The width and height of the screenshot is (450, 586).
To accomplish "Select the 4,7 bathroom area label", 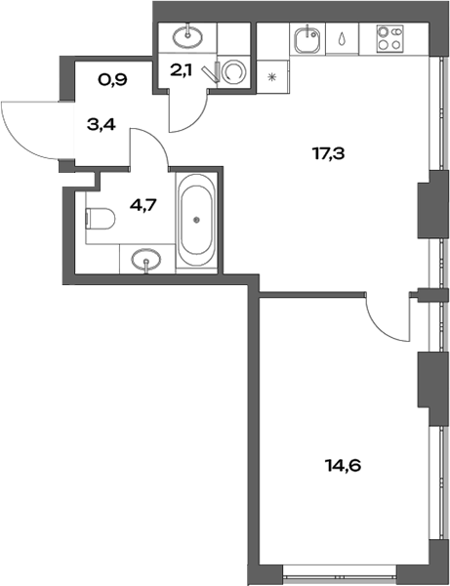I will (x=143, y=206).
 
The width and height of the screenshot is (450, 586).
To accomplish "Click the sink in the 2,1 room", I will (x=186, y=37).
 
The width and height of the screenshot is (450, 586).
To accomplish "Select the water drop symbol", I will (x=344, y=42).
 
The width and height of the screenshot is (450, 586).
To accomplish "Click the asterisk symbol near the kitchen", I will (x=273, y=74).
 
